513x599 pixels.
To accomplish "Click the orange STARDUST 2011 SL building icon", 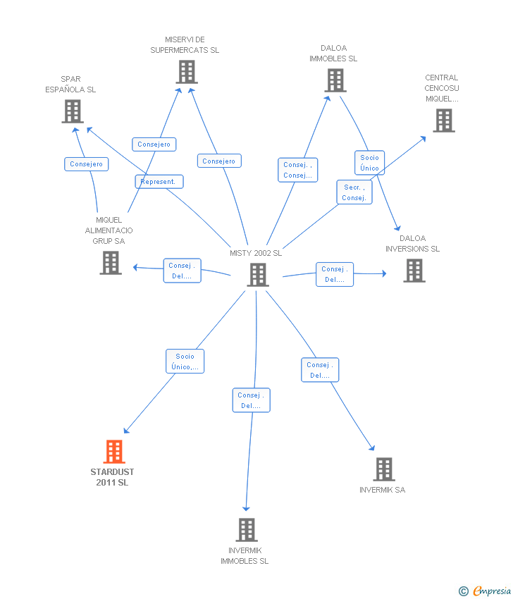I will click(x=114, y=452).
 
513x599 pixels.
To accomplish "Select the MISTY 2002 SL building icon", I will click(x=258, y=275).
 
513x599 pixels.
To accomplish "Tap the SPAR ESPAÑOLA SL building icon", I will click(x=73, y=111).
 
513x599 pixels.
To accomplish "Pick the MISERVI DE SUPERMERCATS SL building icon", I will click(x=187, y=72).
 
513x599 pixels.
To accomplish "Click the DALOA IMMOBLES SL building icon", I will click(x=335, y=80).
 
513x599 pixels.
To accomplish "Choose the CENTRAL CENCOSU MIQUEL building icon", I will click(x=443, y=121).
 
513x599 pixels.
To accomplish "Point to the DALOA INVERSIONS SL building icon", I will click(x=414, y=270).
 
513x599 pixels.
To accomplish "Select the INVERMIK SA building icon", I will click(x=383, y=469).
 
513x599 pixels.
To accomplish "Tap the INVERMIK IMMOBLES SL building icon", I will click(x=246, y=529).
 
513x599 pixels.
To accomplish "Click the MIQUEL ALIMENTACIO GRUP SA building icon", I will click(x=111, y=263).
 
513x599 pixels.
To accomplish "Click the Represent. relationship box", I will click(x=159, y=182).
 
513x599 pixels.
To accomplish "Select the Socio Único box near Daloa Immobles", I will click(x=369, y=163).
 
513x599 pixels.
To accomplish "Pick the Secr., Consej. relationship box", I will click(x=354, y=192).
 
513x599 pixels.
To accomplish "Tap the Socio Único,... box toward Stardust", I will click(x=185, y=362).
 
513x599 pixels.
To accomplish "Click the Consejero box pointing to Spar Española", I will click(x=87, y=164).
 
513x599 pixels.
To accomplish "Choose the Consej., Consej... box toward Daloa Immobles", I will click(x=297, y=170).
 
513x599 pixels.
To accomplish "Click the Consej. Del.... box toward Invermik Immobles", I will click(x=252, y=400).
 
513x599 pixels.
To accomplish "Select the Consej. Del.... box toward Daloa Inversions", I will click(x=335, y=274).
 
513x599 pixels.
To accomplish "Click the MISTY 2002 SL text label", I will click(x=256, y=253).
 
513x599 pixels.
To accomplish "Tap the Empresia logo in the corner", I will click(x=486, y=591).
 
